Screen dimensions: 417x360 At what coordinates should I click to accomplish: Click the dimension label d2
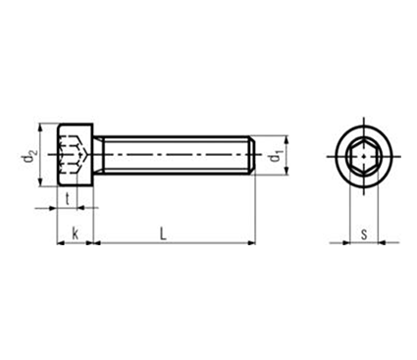point(28,156)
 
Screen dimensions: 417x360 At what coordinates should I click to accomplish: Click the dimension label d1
point(276,156)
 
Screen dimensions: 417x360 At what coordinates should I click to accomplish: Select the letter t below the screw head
point(68,199)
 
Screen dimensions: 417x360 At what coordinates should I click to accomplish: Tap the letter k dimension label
point(76,234)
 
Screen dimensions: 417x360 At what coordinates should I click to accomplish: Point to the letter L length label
point(163,234)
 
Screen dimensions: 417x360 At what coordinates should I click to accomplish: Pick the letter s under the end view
point(364,234)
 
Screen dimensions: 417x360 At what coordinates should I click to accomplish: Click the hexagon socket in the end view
point(364,156)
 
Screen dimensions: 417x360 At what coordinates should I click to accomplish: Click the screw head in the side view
point(76,155)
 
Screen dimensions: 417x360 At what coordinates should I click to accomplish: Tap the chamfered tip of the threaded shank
point(252,155)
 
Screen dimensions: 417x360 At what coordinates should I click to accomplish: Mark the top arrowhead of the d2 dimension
point(40,128)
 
